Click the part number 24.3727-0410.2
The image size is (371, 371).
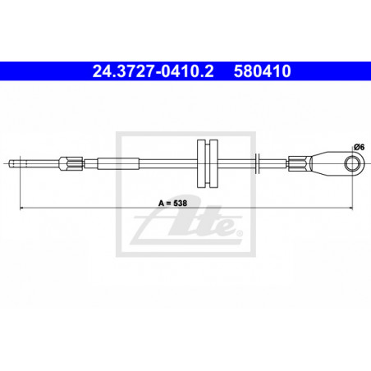pyautogui.click(x=153, y=71)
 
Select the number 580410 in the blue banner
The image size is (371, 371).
pyautogui.click(x=262, y=71)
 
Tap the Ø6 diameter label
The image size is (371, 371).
pyautogui.click(x=359, y=147)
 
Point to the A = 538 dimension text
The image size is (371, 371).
pyautogui.click(x=172, y=203)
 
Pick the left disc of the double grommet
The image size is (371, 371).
pyautogui.click(x=201, y=163)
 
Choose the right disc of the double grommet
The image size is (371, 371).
pyautogui.click(x=213, y=163)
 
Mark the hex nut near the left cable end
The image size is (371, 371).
pyautogui.click(x=71, y=163)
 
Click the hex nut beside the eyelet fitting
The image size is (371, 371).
pyautogui.click(x=300, y=163)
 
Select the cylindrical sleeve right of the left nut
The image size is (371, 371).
pyautogui.click(x=118, y=163)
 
